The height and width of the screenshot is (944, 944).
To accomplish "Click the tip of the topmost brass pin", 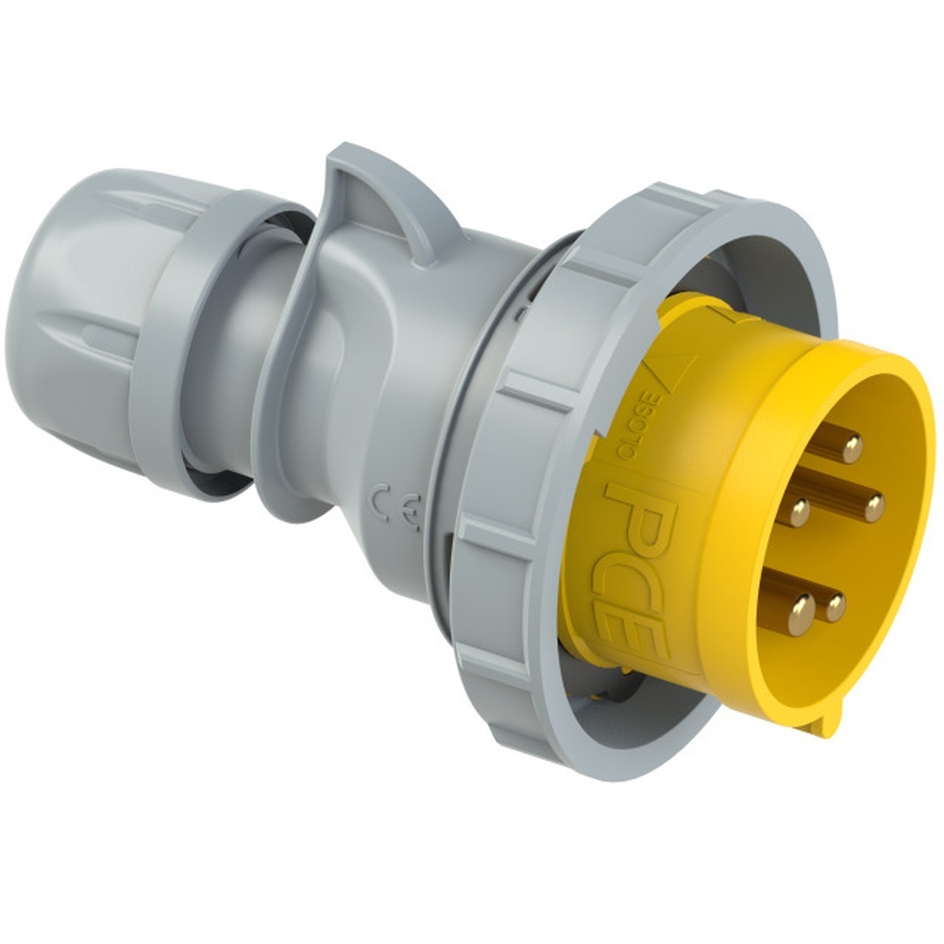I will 851,447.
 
